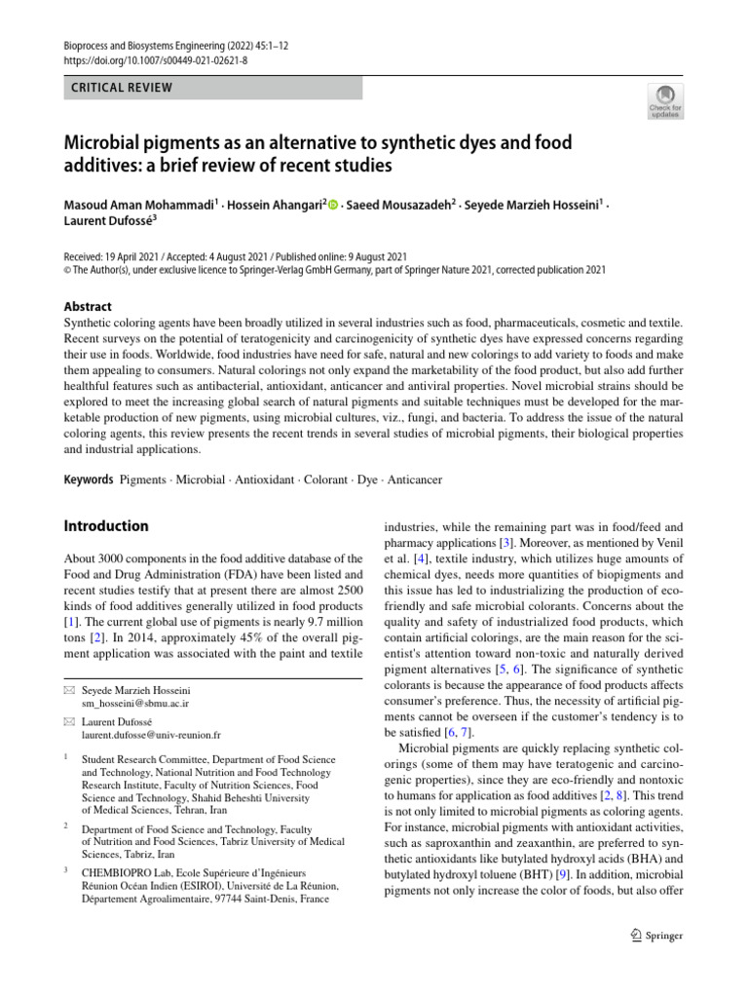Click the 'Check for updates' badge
click(664, 100)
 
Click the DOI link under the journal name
click(142, 58)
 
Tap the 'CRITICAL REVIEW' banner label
click(123, 88)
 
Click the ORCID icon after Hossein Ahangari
click(334, 206)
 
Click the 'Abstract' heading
click(87, 306)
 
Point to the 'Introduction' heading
click(106, 525)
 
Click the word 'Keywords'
click(88, 481)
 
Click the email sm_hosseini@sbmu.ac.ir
click(135, 702)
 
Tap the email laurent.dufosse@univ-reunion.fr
click(151, 734)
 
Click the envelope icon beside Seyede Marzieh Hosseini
click(68, 689)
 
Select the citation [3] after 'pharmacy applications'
click(506, 541)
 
